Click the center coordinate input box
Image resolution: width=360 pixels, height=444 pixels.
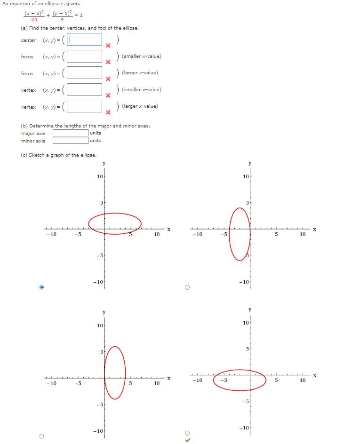click(85, 40)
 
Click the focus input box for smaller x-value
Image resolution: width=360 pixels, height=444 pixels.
click(85, 56)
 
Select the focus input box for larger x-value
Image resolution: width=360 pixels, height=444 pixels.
click(85, 73)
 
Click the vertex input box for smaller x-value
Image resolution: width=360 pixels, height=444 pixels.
click(85, 90)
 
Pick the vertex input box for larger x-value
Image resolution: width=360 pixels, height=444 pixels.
click(85, 106)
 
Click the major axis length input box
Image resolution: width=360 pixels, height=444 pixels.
click(70, 133)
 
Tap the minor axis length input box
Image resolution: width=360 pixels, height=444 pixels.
click(70, 140)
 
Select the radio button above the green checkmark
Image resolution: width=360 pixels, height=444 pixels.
click(187, 433)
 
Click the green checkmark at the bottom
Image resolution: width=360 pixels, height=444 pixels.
click(188, 440)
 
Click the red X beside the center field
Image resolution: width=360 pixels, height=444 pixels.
click(108, 46)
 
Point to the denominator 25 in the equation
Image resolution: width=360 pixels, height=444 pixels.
click(34, 20)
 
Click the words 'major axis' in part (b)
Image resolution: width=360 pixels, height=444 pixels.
click(33, 133)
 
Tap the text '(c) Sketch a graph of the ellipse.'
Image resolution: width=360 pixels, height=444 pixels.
click(58, 155)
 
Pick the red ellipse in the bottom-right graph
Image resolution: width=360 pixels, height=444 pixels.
click(214, 380)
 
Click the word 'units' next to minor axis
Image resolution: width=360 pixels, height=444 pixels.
click(95, 141)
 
